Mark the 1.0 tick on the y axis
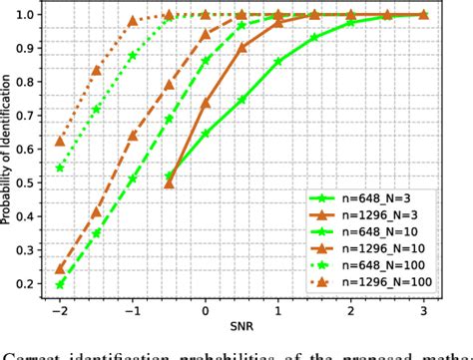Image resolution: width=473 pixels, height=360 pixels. tap(30, 15)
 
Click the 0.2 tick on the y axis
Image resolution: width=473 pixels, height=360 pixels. tap(30, 284)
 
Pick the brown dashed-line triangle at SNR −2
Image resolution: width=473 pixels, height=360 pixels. tap(61, 269)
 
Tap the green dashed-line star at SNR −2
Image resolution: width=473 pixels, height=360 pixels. tap(61, 284)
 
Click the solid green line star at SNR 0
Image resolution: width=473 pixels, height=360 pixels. tap(206, 133)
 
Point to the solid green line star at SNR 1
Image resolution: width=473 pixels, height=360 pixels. tap(278, 62)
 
